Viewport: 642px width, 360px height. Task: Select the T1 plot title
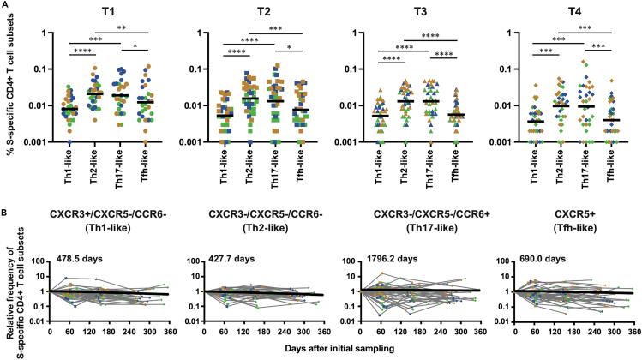tap(83, 15)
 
